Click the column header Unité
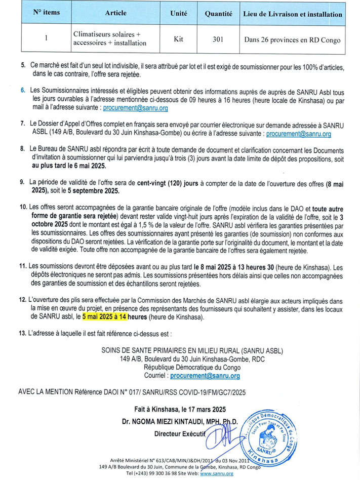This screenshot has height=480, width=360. [178, 14]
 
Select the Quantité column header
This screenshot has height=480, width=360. [218, 14]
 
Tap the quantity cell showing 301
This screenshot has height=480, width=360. [218, 38]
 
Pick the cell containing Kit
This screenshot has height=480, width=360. [178, 38]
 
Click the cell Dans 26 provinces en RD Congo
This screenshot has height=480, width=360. [293, 38]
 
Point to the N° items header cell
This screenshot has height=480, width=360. [46, 14]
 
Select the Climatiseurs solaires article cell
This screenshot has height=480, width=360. [109, 38]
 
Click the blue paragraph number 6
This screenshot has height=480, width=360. [23, 90]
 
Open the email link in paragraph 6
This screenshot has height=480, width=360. [135, 108]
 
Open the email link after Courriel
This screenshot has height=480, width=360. [205, 376]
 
